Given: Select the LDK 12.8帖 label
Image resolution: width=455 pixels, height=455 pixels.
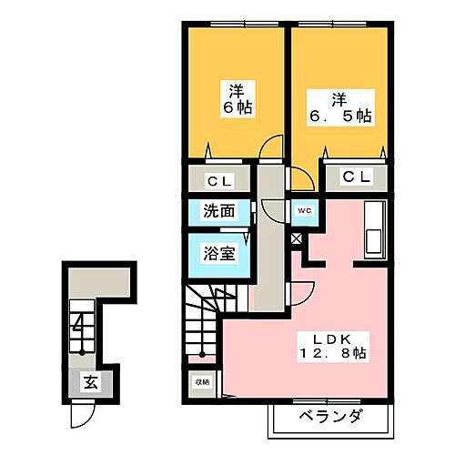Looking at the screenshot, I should pos(334,347).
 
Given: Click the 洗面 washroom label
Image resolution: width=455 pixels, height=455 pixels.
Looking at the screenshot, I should pos(219,211).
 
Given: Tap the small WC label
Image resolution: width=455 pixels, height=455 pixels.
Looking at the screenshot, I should pos(302,210).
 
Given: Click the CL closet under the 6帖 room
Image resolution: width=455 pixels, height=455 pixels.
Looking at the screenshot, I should pos(219,179).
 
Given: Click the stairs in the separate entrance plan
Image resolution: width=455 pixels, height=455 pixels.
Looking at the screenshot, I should pos(84,328).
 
